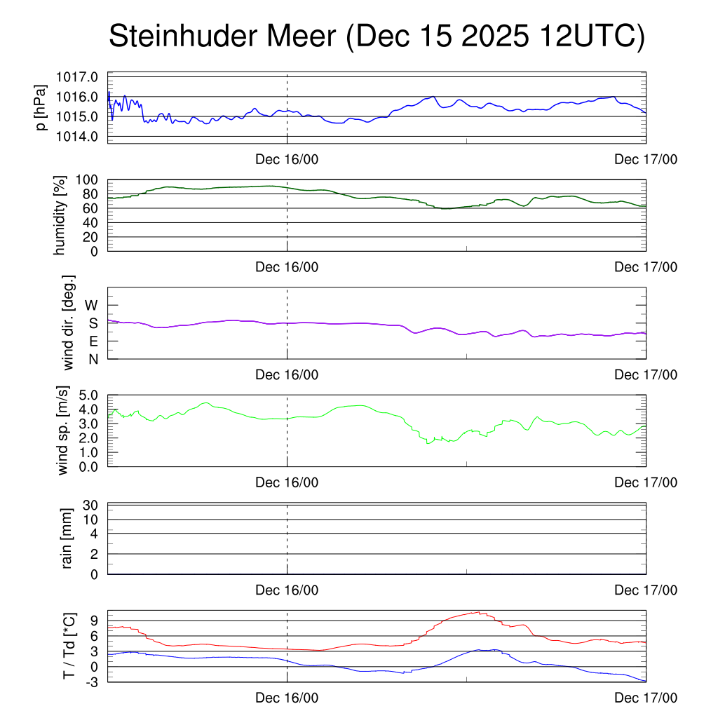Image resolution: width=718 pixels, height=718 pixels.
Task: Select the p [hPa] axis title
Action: point(41,109)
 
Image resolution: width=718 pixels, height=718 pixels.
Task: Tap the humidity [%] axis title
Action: point(61,215)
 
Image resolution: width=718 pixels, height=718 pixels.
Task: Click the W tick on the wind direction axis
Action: point(92,305)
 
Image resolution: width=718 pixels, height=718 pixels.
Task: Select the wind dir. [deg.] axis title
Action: point(69,323)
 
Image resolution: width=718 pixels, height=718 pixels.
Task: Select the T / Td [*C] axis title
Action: point(69,646)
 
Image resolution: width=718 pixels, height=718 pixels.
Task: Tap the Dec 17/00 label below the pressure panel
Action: point(646,160)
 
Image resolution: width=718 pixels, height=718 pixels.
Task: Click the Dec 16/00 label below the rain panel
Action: point(287,590)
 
